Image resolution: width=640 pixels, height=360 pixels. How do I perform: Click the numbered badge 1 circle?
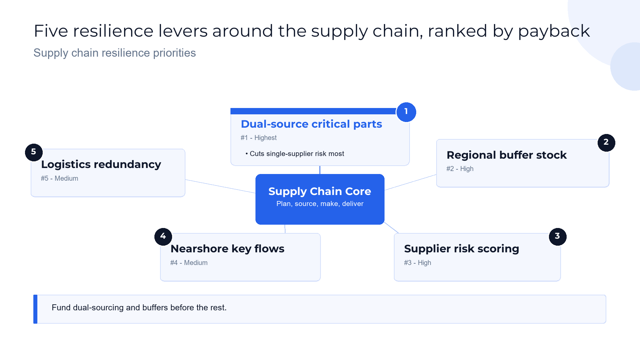[x=406, y=112]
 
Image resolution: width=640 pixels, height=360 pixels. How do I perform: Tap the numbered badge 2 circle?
[x=606, y=143]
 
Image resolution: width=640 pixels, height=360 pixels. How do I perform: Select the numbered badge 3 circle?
[x=557, y=237]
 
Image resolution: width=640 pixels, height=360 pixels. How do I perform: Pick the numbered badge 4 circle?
[x=163, y=237]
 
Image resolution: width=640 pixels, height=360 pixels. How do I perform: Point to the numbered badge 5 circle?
[x=34, y=152]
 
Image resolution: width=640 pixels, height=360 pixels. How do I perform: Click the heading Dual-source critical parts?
[x=311, y=124]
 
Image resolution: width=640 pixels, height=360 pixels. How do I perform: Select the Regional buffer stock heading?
[x=507, y=155]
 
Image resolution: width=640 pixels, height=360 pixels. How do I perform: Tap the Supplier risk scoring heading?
[x=462, y=249]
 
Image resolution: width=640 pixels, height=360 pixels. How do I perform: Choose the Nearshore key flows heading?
[x=227, y=249]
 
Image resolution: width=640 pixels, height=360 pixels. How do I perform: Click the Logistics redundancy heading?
[x=101, y=164]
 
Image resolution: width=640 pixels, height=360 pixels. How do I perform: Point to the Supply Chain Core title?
[x=319, y=191]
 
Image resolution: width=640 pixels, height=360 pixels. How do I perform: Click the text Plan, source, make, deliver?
[x=320, y=204]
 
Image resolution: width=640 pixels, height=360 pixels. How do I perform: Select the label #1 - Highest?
[x=258, y=138]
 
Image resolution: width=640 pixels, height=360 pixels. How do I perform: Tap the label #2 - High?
[x=460, y=169]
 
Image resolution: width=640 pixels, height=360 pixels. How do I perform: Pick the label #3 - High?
[x=418, y=263]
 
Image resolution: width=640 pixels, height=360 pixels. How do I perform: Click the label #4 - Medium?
[x=189, y=263]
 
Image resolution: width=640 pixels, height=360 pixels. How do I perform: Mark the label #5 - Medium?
[x=59, y=178]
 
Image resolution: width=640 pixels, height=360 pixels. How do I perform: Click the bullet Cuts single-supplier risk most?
[x=295, y=154]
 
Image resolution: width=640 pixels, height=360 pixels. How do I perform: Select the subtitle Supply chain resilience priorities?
[x=115, y=53]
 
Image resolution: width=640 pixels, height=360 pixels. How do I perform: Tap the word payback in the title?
[x=554, y=31]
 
